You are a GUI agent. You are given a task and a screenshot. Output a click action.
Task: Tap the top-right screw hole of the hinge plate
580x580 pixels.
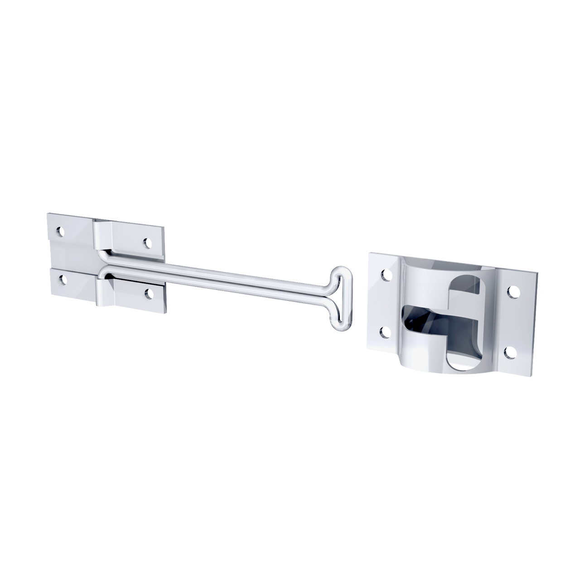point(147,243)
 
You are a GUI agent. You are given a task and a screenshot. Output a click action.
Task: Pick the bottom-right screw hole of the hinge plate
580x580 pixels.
point(148,295)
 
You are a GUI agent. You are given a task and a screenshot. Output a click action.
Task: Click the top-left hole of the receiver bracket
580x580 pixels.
point(387,274)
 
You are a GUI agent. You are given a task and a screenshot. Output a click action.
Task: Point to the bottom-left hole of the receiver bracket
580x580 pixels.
point(386,332)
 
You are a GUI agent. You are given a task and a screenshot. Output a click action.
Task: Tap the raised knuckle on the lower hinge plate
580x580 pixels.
point(106,290)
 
